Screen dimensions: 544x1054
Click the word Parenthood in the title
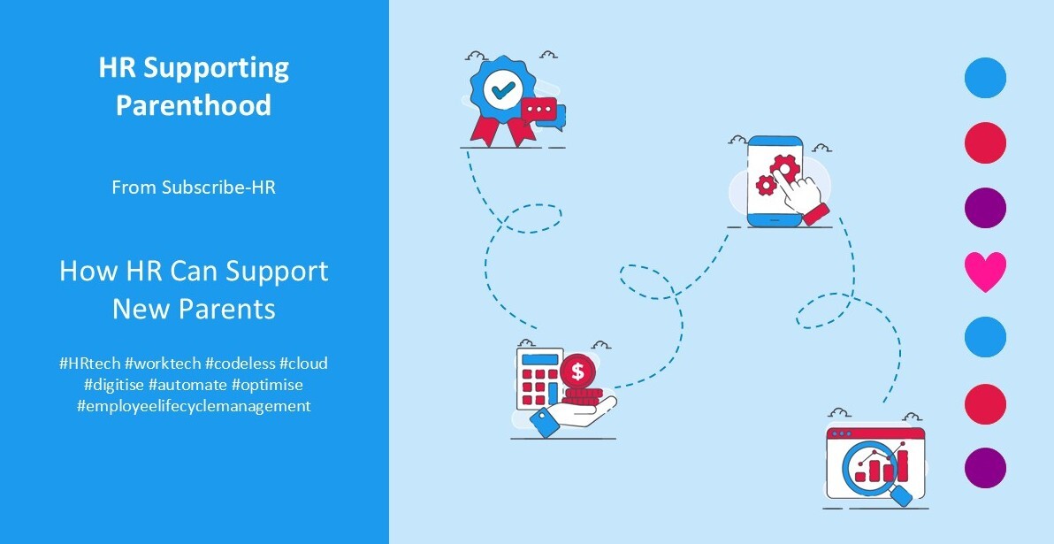coord(194,105)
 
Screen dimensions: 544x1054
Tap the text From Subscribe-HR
coord(194,188)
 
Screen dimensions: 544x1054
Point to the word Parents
coord(233,310)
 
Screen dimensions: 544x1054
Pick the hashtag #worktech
coord(164,364)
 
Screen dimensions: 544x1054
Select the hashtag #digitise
coord(113,385)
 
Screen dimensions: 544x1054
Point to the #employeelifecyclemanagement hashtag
coord(194,406)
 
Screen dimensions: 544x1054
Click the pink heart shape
coord(985,272)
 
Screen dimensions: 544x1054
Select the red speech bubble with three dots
coord(540,111)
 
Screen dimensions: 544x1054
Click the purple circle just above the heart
coord(985,208)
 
